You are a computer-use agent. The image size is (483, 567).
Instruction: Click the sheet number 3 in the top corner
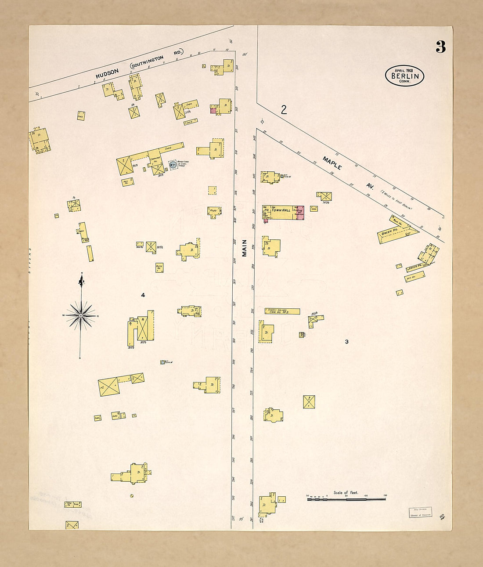click(x=440, y=47)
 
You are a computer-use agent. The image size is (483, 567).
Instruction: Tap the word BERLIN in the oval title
click(x=404, y=76)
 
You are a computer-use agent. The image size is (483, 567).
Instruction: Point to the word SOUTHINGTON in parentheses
click(x=147, y=62)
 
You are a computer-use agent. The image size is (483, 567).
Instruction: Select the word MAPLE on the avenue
click(x=332, y=163)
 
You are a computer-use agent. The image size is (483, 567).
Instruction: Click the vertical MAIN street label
click(x=244, y=248)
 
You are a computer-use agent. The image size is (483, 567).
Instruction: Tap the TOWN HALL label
click(x=281, y=210)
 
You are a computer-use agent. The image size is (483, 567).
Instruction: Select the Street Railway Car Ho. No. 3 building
click(x=282, y=311)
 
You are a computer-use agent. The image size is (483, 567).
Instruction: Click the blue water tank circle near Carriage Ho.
click(x=173, y=165)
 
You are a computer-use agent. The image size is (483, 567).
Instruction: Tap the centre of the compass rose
click(x=81, y=315)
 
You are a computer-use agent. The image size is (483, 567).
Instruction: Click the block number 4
click(x=143, y=295)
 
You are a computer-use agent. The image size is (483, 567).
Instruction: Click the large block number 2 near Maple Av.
click(x=284, y=110)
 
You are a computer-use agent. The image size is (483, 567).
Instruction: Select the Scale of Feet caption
click(x=346, y=493)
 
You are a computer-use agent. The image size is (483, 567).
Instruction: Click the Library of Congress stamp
click(x=420, y=512)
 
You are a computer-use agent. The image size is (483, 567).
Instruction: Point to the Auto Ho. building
click(x=159, y=267)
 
